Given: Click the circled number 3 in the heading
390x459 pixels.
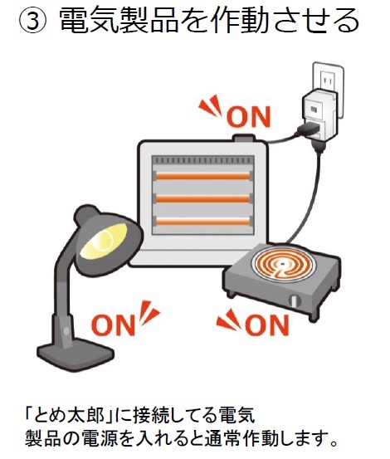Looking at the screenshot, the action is coord(32,21).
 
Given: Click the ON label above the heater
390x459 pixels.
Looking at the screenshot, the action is coord(248,117).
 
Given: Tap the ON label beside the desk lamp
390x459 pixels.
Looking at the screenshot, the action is coord(113,325).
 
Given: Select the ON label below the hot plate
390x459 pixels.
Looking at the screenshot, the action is coord(267,325).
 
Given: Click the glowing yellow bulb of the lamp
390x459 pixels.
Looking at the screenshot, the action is coord(104,241).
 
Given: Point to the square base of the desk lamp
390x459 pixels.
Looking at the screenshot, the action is coord(76,354).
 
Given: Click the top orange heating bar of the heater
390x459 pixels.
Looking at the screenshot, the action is coord(203,176).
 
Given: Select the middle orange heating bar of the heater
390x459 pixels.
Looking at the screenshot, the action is coord(203,198).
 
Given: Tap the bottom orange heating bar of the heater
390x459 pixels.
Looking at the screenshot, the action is coord(203,222).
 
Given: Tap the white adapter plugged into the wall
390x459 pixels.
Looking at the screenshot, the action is coord(319,115).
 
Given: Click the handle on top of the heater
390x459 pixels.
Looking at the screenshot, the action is coord(243,138).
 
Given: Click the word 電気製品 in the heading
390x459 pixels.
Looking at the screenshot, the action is coord(118,20).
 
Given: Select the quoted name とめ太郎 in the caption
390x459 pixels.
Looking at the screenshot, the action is coord(70,415).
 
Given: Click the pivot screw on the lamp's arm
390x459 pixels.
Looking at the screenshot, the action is coord(66,331).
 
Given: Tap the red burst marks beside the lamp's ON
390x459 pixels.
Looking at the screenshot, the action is coord(149,313).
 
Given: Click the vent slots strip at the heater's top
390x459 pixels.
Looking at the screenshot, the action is coord(203,160).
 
